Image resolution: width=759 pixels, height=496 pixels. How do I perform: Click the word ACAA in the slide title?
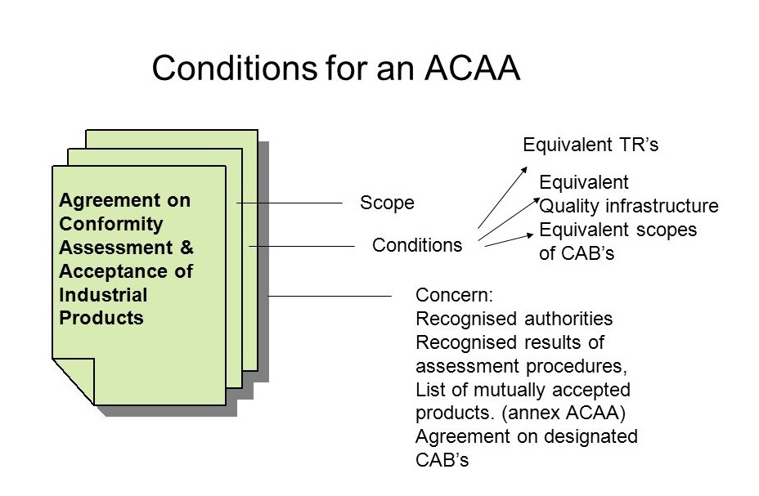pyautogui.click(x=473, y=68)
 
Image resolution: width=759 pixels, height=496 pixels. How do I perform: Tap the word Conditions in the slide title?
pyautogui.click(x=234, y=68)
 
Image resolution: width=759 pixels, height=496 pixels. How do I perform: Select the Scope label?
pyautogui.click(x=387, y=203)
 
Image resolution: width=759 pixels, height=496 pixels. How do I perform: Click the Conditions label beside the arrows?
pyautogui.click(x=417, y=245)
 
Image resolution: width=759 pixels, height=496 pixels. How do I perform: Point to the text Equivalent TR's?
pyautogui.click(x=591, y=145)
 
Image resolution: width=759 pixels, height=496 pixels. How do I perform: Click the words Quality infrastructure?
pyautogui.click(x=629, y=206)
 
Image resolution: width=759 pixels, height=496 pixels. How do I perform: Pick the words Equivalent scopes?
pyautogui.click(x=618, y=230)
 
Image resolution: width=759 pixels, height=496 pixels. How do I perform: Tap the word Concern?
pyautogui.click(x=454, y=295)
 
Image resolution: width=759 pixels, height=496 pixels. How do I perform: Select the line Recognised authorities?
pyautogui.click(x=514, y=319)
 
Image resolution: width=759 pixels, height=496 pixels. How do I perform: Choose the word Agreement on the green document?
pyautogui.click(x=125, y=200)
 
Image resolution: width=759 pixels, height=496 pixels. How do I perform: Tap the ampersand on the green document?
pyautogui.click(x=186, y=248)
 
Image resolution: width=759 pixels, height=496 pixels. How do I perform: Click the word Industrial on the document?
pyautogui.click(x=103, y=295)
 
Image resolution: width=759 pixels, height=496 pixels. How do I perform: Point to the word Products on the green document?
pyautogui.click(x=101, y=318)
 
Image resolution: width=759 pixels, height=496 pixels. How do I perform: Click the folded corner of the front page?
pyautogui.click(x=73, y=382)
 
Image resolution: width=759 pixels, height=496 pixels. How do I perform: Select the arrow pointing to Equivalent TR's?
pyautogui.click(x=502, y=197)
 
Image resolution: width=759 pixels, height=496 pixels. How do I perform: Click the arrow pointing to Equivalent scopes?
pyautogui.click(x=508, y=240)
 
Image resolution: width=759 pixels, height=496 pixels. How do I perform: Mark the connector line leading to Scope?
pyautogui.click(x=290, y=203)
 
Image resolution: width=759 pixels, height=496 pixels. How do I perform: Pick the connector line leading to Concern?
pyautogui.click(x=330, y=296)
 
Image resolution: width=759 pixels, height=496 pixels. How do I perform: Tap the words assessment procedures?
pyautogui.click(x=521, y=366)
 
